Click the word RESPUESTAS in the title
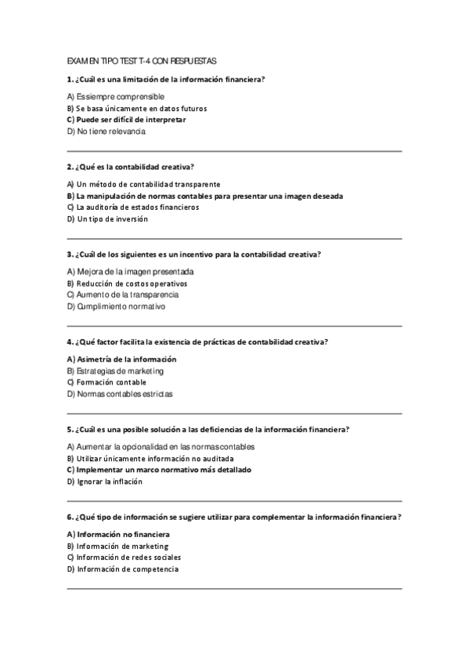tap(192, 60)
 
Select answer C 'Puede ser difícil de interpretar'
tap(126, 120)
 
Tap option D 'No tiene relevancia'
tap(106, 132)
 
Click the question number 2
tap(70, 167)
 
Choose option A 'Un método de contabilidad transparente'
tap(132, 184)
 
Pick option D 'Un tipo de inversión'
tap(107, 219)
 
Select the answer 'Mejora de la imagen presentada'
tap(130, 272)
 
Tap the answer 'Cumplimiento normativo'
tap(116, 307)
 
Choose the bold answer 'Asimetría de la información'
tap(121, 359)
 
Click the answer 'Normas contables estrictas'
tap(120, 394)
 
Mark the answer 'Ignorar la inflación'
tap(105, 482)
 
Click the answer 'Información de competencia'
tap(123, 569)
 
